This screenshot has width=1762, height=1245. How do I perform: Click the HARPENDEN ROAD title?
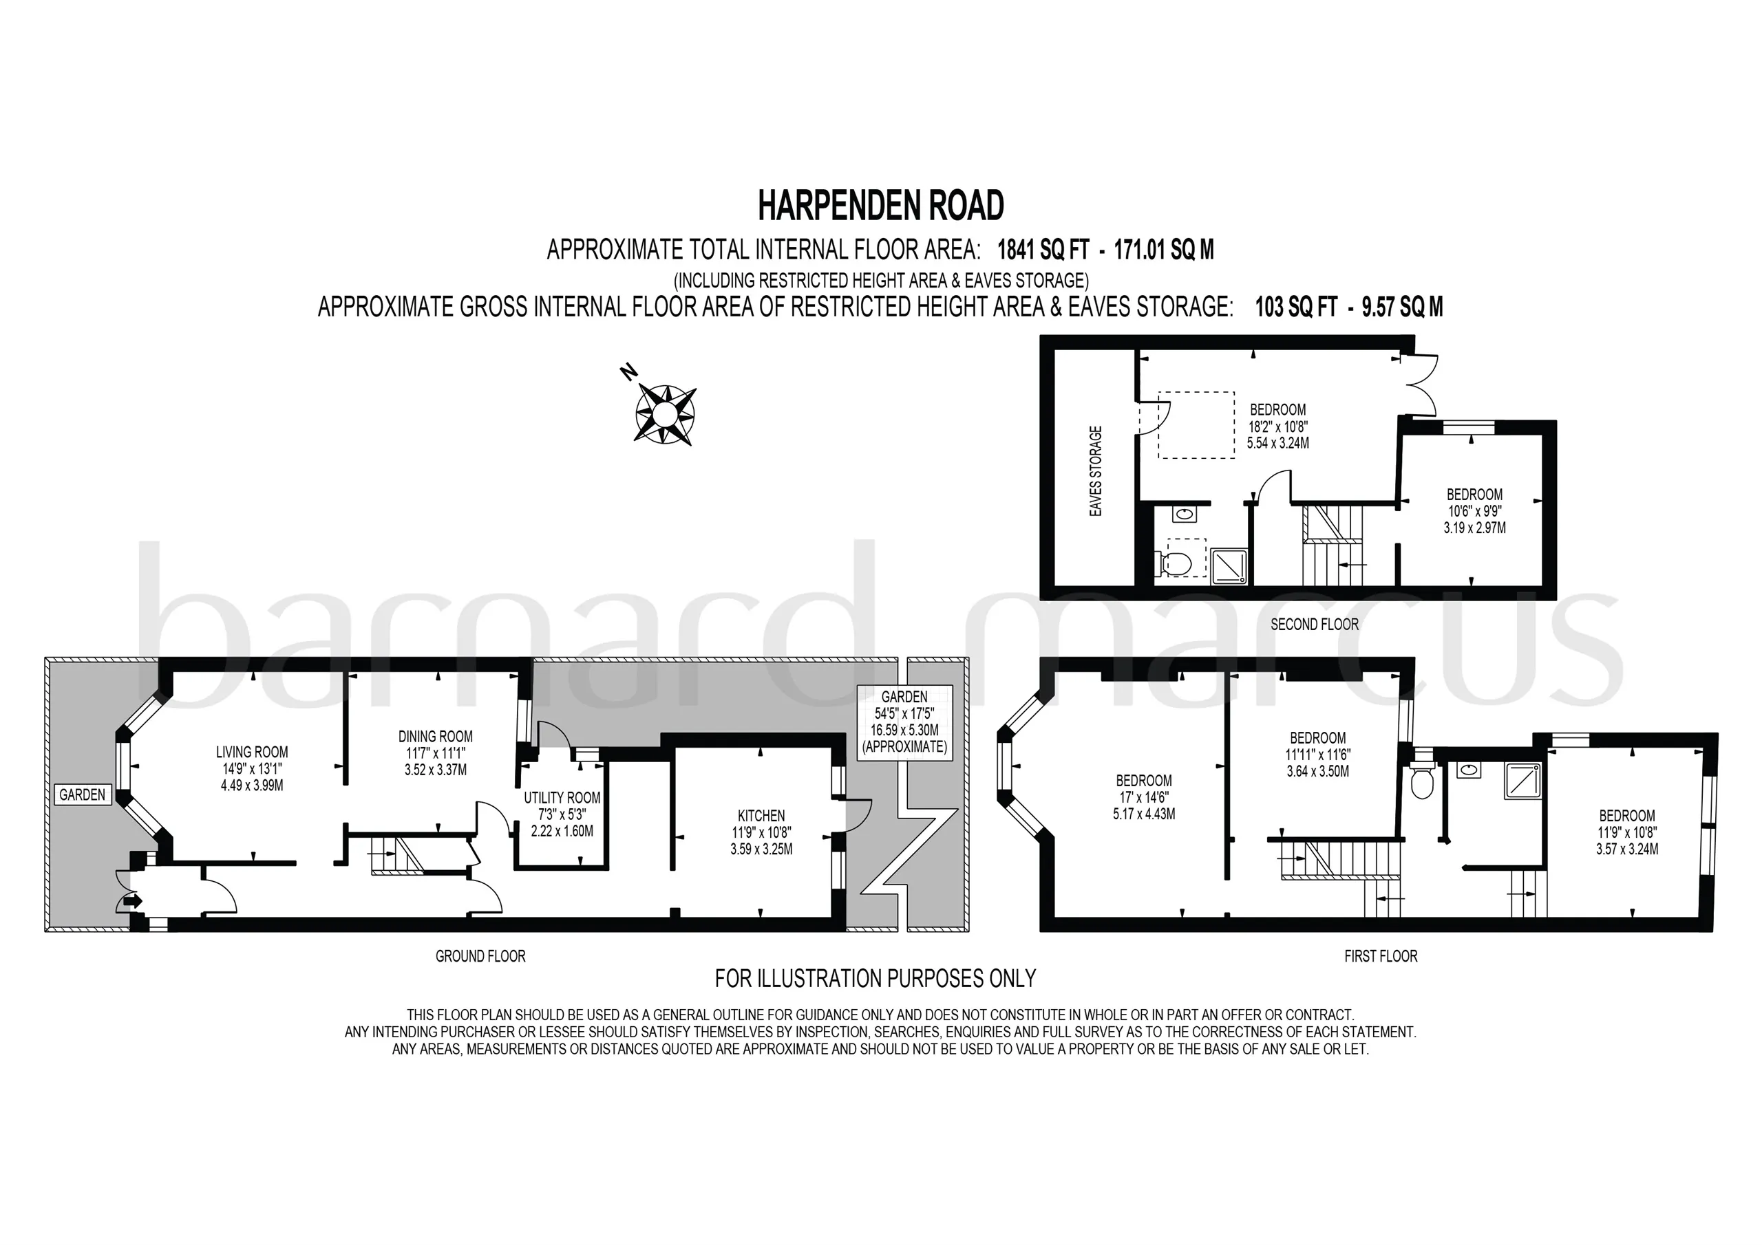coord(881,206)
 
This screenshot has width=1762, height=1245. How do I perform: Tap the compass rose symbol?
coord(666,414)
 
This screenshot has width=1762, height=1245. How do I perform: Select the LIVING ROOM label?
coord(252,752)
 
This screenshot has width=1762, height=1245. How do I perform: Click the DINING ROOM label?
coord(435,737)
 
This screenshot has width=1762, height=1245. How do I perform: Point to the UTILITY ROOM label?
coord(562,798)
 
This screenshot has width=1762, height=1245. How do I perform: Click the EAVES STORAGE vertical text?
coord(1096,471)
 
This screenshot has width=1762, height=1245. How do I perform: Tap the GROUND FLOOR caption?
coord(480,956)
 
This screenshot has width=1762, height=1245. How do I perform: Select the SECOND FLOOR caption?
coord(1315,625)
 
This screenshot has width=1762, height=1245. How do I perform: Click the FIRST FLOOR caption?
coord(1381,956)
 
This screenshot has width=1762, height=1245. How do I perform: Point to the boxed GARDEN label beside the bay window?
coord(82,794)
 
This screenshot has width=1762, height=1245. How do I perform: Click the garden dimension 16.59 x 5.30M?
coord(904,730)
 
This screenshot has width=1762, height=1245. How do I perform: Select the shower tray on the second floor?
coord(1231,565)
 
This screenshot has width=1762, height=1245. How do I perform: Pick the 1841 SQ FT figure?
coord(1043,250)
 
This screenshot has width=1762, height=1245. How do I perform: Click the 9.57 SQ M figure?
coord(1402,307)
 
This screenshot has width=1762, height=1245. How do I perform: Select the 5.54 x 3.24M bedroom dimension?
coord(1277,442)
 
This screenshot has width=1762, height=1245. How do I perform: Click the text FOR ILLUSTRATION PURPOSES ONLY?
coord(875,979)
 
